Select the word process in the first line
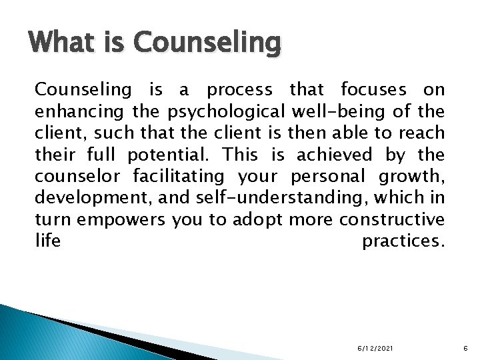tap(239, 90)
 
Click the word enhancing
tap(73, 111)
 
